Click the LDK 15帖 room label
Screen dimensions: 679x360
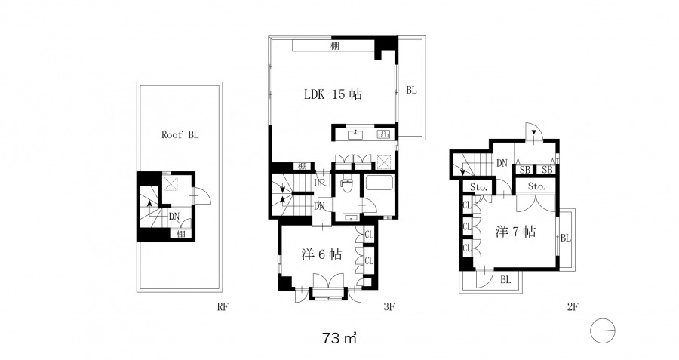coord(333,94)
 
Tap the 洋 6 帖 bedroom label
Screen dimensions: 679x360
coord(321,254)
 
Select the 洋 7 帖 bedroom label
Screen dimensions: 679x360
coord(515,232)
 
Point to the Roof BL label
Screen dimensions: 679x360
coord(180,135)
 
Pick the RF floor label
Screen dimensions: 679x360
coord(223,306)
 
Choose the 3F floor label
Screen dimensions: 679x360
coord(389,306)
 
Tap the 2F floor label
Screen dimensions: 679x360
coord(573,306)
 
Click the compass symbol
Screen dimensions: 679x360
coord(602,331)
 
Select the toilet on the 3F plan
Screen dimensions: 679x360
coord(346,184)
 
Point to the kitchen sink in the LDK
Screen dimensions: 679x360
coord(356,134)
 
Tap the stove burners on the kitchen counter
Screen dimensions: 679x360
coord(384,134)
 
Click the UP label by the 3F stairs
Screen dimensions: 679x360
coord(319,183)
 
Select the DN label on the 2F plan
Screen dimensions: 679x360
coord(502,163)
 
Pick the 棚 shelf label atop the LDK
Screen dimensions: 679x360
coord(335,46)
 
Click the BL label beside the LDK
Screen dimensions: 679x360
coord(411,90)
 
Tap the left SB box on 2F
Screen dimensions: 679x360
coord(525,169)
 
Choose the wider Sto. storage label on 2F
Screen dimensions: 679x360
coord(536,186)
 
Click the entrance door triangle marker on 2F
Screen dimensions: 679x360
coord(534,131)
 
